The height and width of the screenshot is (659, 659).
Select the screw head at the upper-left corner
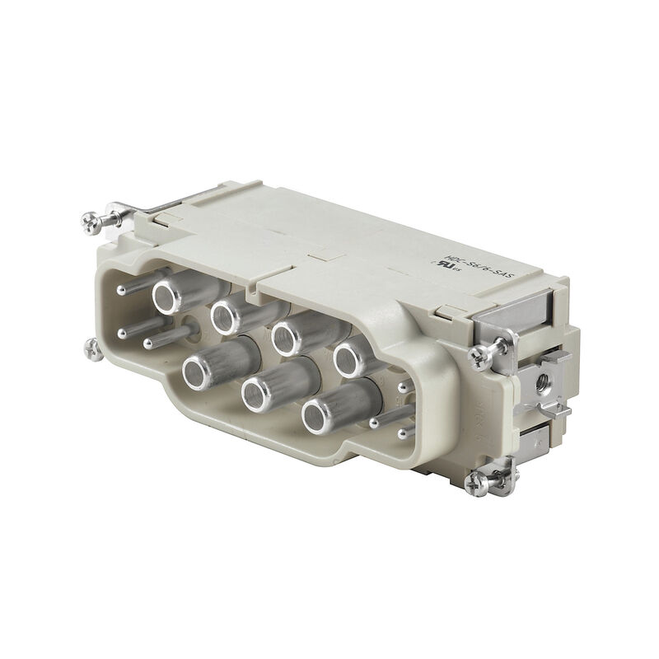tap(88, 221)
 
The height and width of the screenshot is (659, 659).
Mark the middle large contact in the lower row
tap(256, 396)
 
